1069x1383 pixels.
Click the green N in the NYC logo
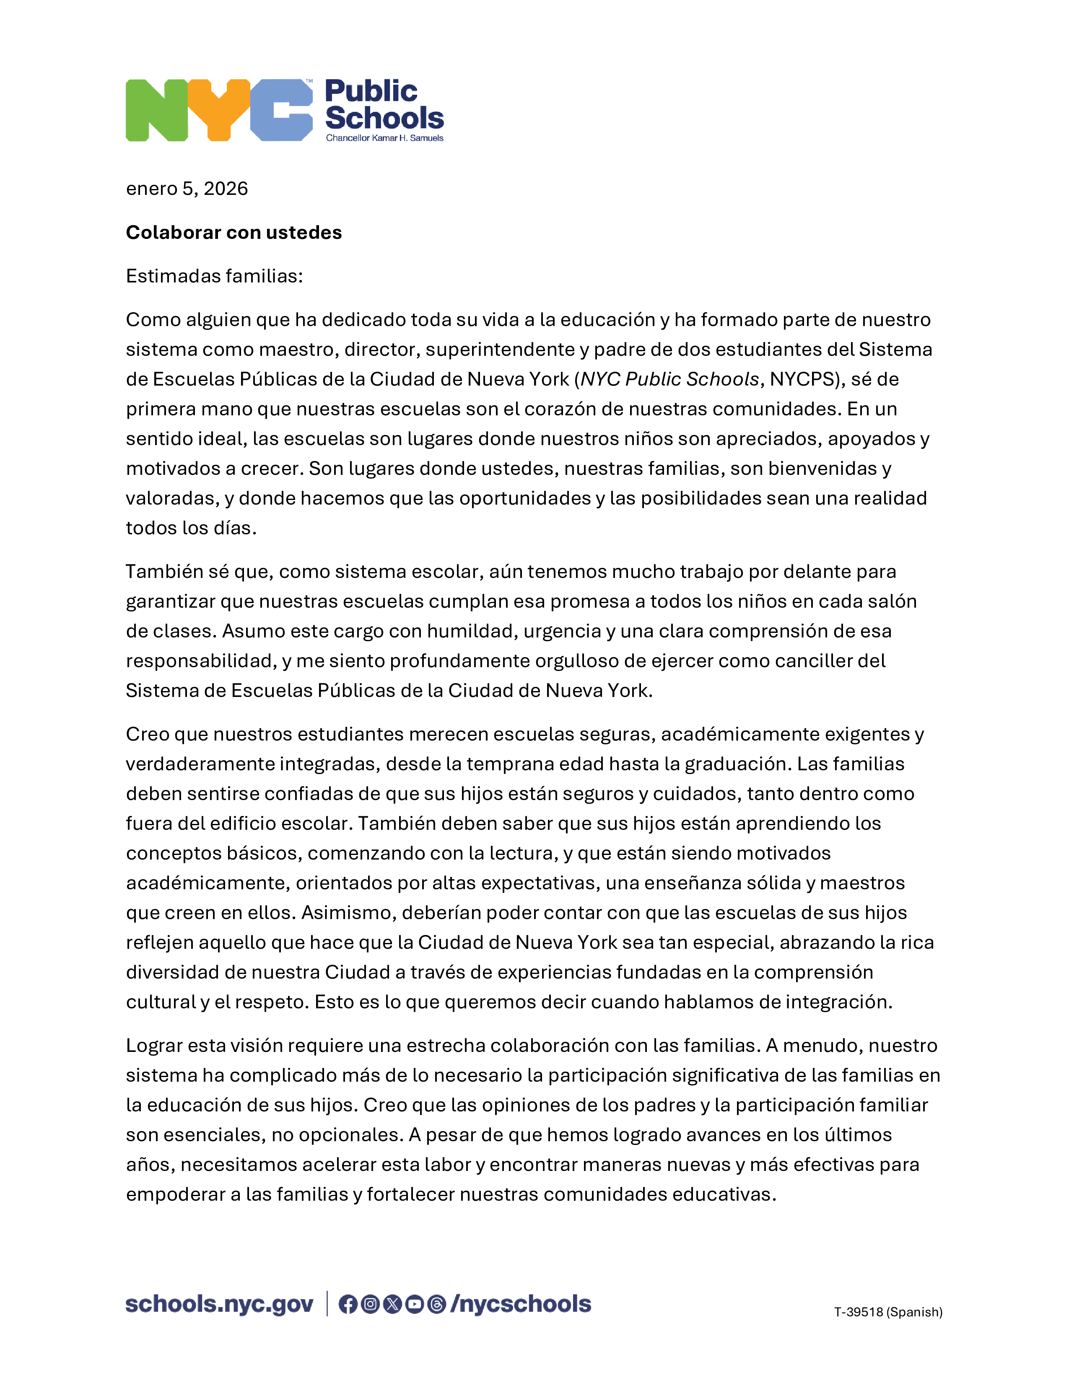pos(156,110)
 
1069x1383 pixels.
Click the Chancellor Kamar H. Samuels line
pos(384,138)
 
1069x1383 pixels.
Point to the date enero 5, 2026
pos(187,189)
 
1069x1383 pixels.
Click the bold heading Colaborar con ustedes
pos(234,233)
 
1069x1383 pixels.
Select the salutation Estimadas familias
pos(214,276)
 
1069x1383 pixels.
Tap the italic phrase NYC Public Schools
pos(670,379)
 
